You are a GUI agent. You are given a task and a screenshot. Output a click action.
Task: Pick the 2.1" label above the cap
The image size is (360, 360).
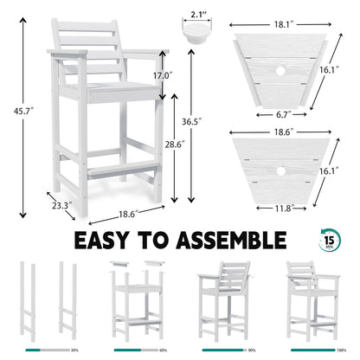[x=199, y=15]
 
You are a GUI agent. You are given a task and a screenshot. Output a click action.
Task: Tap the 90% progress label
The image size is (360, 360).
[x=250, y=350]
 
